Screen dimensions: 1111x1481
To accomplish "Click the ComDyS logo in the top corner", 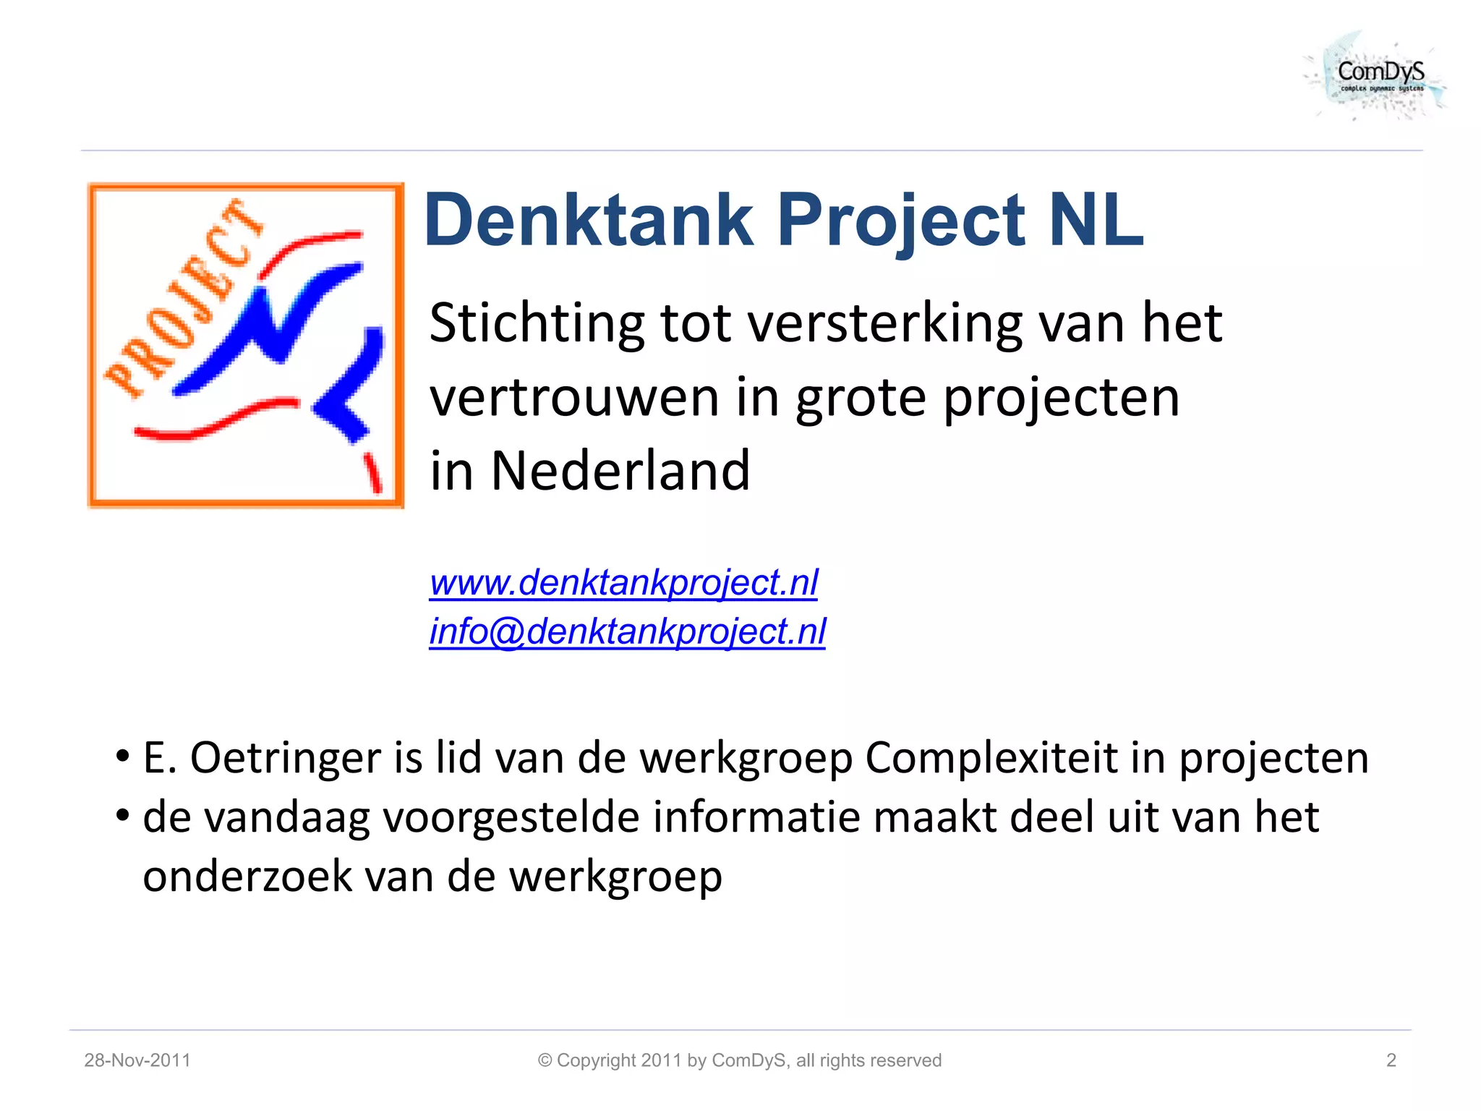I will pos(1378,76).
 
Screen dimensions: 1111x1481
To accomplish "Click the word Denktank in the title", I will pos(589,221).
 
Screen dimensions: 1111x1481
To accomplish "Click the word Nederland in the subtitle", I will pos(620,471).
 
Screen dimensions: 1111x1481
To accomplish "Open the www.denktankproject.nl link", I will pos(623,583).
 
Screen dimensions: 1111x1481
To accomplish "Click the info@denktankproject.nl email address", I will pos(627,631).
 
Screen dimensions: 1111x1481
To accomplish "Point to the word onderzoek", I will pos(247,877).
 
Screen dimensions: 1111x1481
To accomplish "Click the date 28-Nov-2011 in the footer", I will pos(137,1060).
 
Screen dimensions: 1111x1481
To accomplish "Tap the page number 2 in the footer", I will pos(1391,1060).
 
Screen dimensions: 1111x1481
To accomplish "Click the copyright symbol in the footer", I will pos(545,1060).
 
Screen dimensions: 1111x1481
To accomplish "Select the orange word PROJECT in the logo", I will pos(184,297).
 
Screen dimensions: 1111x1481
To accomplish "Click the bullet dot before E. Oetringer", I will pos(123,757).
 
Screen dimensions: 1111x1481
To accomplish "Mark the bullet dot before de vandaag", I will pos(123,816).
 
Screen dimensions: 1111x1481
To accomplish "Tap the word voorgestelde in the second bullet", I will pos(511,818).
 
